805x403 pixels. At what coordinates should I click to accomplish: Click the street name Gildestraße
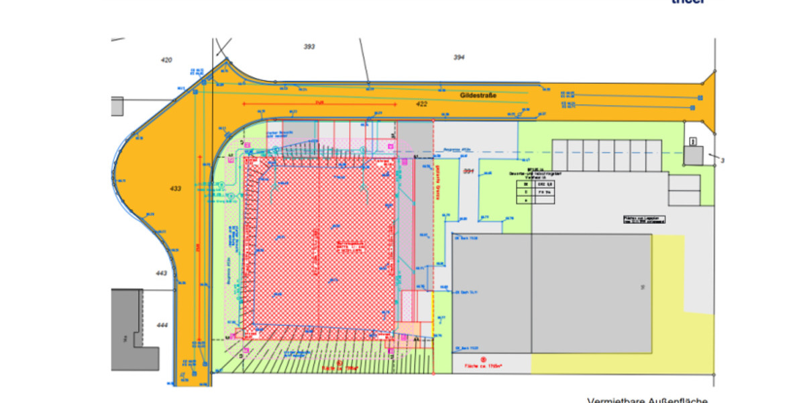478,96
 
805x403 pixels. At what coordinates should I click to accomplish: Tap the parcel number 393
309,46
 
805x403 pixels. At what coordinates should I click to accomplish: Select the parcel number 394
459,57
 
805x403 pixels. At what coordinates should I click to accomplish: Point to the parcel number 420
166,60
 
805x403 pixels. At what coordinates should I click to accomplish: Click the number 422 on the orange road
421,104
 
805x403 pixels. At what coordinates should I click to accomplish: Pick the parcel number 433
175,189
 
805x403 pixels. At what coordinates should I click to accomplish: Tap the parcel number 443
161,273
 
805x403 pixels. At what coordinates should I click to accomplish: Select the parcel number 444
162,325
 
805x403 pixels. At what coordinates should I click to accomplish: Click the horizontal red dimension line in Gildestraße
319,104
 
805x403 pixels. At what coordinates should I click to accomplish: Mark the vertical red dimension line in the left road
199,249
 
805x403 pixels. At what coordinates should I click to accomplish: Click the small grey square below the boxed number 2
694,156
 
